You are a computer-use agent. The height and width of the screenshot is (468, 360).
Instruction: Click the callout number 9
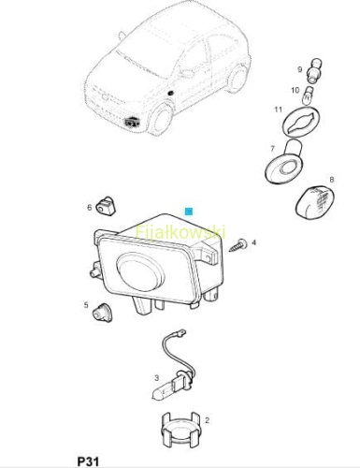click(300, 69)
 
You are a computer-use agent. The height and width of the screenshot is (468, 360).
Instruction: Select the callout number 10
click(295, 90)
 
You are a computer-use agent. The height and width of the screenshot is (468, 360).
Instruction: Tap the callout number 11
click(279, 110)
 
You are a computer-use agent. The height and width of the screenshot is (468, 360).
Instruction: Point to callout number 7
click(273, 149)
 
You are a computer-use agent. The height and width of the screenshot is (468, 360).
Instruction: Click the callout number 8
click(332, 180)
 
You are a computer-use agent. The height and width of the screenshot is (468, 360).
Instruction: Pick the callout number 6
click(90, 207)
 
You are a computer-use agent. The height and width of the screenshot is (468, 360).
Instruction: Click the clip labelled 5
click(102, 313)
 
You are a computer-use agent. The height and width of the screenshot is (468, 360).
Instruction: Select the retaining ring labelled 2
click(180, 430)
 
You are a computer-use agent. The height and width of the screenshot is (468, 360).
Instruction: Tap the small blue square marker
click(189, 212)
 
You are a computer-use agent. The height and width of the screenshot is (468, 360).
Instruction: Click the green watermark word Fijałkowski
click(180, 233)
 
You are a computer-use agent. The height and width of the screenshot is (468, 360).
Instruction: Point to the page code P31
click(88, 461)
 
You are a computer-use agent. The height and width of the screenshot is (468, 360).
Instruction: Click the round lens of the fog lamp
click(140, 271)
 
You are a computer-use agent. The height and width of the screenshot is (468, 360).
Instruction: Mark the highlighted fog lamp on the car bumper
click(132, 122)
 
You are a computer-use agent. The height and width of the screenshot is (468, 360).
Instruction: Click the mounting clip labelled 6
click(106, 206)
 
